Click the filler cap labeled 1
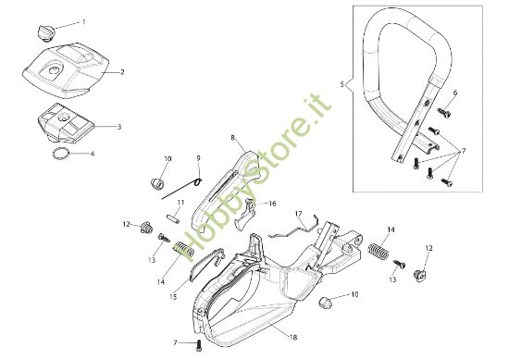coord(43,33)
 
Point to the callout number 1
coord(82,20)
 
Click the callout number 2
coord(122,71)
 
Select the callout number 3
coord(118,127)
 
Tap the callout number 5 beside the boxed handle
coord(341,84)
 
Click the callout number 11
coord(180,201)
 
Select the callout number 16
coord(272,203)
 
